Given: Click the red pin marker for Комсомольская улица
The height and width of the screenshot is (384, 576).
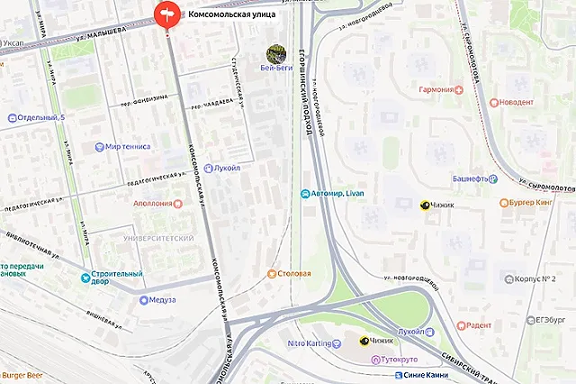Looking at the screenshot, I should click(167, 15).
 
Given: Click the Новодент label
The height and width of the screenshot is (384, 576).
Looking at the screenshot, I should click(511, 103).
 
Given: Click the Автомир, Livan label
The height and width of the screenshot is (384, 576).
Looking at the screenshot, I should click(337, 195).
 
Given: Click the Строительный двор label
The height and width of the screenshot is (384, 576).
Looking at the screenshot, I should click(115, 279).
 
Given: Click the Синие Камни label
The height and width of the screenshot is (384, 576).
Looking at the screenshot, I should click(426, 374).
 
